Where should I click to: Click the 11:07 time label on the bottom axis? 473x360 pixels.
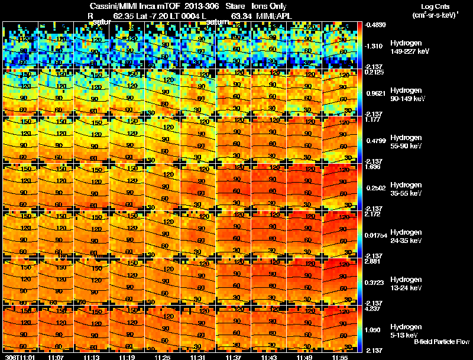(56, 356)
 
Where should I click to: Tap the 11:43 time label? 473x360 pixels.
(269, 356)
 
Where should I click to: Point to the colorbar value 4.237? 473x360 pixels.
(374, 307)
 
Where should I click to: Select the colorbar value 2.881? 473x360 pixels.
(374, 260)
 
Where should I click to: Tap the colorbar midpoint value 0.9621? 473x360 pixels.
(376, 93)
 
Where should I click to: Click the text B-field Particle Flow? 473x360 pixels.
(441, 342)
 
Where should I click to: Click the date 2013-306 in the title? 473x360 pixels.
(202, 7)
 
